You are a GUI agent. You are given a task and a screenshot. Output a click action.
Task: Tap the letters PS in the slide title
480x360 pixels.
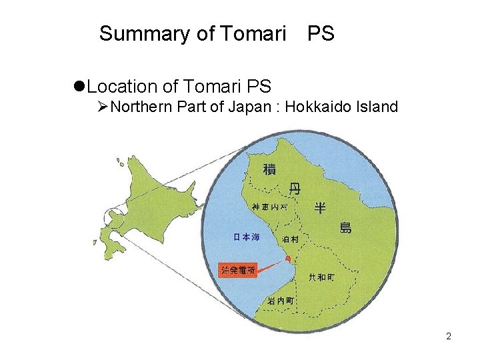(321, 33)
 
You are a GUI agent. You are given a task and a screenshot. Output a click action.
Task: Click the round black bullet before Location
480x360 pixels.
(79, 87)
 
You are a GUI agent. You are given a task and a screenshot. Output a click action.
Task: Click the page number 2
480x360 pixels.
(449, 336)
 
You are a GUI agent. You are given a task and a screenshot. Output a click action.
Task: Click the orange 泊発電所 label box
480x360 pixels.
(238, 270)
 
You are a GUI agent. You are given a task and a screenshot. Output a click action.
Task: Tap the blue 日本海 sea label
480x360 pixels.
(245, 237)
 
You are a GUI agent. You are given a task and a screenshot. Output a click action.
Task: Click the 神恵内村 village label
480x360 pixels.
(270, 207)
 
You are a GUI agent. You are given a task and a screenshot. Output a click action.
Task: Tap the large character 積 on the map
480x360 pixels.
(269, 169)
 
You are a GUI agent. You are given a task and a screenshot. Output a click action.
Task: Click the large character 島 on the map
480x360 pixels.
(345, 227)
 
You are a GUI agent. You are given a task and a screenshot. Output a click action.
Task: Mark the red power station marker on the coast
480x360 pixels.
(288, 257)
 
